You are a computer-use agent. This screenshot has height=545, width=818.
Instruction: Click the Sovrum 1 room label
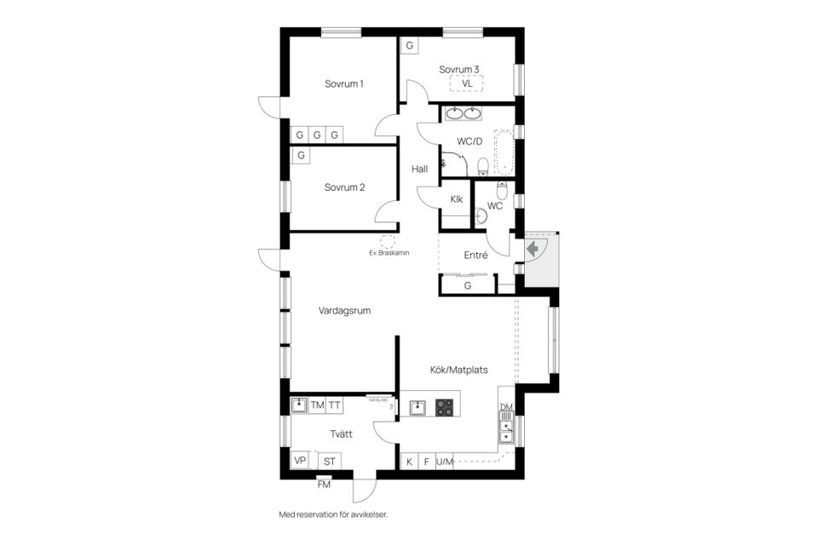[344, 84]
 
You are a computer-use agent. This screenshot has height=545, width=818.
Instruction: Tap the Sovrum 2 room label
[344, 187]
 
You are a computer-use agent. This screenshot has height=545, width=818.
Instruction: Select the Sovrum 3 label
[459, 69]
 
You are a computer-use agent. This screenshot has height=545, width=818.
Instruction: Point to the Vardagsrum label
[344, 311]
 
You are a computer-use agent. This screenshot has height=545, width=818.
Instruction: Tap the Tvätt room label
[342, 434]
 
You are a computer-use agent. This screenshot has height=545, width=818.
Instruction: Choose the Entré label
[475, 255]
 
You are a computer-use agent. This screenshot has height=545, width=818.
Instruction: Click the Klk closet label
[457, 200]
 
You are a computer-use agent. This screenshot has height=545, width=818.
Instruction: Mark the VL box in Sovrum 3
[467, 84]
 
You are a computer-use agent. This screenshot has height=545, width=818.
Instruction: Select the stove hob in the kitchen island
[445, 408]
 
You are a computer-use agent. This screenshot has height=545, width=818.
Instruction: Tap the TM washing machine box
[317, 405]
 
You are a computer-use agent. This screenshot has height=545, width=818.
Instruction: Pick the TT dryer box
[335, 405]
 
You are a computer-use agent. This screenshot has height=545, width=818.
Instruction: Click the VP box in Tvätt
[300, 461]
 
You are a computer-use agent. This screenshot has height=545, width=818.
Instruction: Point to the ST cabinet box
[328, 461]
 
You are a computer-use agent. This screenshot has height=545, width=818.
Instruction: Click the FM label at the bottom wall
[324, 485]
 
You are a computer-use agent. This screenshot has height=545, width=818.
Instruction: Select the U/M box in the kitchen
[445, 462]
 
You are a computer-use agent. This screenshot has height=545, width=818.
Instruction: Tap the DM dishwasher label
[506, 408]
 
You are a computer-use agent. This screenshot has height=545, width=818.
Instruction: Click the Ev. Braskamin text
[389, 253]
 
